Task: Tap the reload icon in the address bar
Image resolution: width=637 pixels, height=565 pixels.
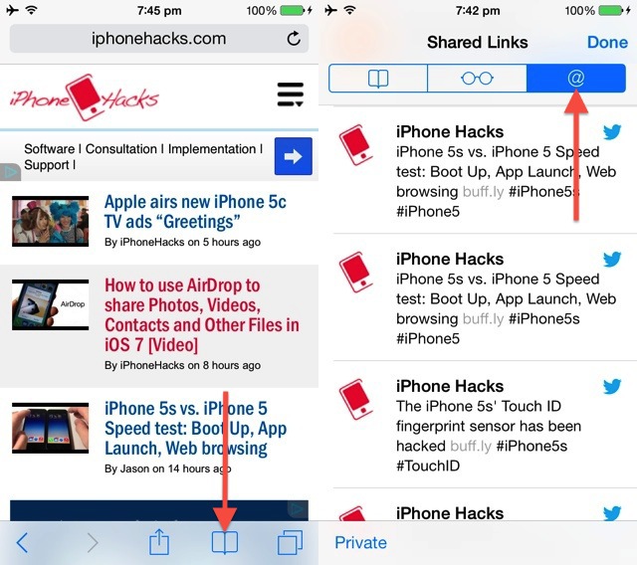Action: pos(294,39)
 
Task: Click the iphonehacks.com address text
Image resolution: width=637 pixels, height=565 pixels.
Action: pos(158,39)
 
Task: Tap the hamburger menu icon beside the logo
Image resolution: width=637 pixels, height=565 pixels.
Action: pos(290,94)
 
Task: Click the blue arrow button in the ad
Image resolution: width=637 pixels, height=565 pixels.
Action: pos(294,156)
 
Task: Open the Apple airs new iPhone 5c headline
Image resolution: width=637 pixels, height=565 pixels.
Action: pos(195,212)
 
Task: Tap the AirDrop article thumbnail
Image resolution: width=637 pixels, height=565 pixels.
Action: pos(51,304)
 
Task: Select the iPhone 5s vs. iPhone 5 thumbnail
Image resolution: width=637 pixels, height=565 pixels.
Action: pos(51,428)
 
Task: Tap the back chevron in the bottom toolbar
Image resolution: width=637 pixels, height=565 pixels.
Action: pos(22,543)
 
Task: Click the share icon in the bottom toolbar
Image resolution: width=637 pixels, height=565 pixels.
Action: pos(159,541)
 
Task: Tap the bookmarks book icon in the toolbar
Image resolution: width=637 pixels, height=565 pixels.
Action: pos(225,542)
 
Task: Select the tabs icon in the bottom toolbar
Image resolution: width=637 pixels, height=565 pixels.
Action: pos(290,542)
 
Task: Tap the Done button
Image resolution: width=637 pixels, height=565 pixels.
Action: pos(607,42)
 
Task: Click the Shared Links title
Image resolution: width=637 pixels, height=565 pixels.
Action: pos(478,42)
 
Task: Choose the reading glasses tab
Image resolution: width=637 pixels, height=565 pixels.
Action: pos(478,78)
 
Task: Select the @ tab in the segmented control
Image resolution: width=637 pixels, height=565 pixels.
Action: pos(576,78)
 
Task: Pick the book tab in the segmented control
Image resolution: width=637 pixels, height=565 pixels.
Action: pos(378,78)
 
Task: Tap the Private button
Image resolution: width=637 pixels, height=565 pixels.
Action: pos(360,543)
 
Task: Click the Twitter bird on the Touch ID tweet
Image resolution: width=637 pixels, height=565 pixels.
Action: pos(612,386)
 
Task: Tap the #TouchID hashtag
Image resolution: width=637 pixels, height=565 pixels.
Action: pos(428,466)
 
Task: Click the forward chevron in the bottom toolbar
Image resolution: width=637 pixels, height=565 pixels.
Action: pos(93,543)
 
